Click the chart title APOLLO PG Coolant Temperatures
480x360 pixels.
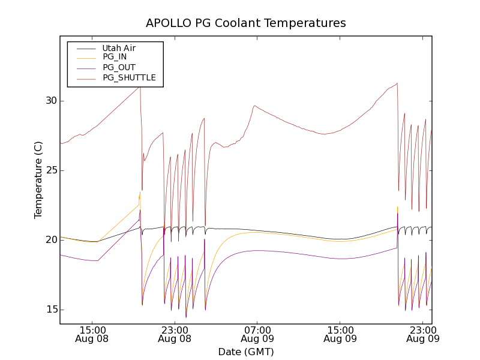246,23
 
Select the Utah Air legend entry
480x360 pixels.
119,47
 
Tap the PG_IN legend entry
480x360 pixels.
115,57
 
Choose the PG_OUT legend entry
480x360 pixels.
119,67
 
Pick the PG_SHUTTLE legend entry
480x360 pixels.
129,77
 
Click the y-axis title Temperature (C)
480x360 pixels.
38,180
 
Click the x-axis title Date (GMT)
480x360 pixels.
246,352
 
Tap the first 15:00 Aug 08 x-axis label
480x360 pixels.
93,334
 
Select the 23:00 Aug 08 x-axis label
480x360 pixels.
175,334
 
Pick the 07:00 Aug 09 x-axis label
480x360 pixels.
257,334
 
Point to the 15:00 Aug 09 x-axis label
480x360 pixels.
340,334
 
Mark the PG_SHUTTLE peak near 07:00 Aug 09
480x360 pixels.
255,106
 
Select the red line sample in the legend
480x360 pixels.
84,77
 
